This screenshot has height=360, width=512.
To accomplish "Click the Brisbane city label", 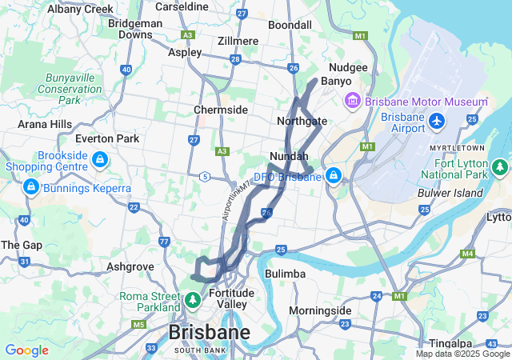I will pos(209,332).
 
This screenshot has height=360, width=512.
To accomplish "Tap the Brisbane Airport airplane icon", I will pos(437,121).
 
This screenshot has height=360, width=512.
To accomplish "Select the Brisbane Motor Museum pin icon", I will pos(352,102).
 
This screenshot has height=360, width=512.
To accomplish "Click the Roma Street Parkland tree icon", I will pos(193,301).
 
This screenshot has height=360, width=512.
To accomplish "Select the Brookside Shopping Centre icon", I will pos(99,161).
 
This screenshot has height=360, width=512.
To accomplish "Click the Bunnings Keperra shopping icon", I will pos(30,187).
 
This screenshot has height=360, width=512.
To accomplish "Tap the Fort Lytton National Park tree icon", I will pos(500,167).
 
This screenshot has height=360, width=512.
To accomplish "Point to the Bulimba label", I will pos(285,274).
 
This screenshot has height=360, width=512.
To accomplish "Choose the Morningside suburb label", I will pos(320,310).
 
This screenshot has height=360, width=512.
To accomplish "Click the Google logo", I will pos(26,350).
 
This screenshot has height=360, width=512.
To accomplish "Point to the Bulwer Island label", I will pos(450,193).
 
